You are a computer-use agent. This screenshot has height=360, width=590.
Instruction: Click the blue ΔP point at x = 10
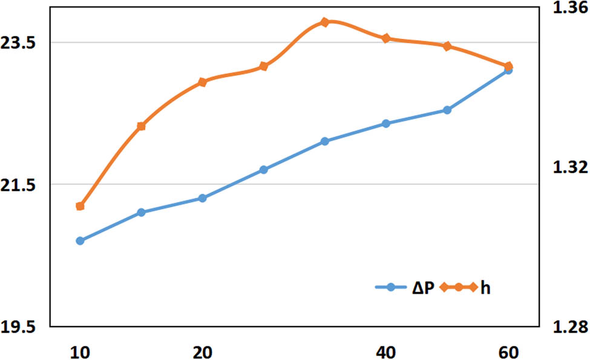[x=80, y=241]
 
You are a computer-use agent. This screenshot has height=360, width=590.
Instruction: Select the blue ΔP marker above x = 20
[x=202, y=198]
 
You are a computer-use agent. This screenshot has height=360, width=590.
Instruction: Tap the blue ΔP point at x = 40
[x=385, y=123]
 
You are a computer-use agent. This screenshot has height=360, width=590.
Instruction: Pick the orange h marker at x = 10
[x=80, y=206]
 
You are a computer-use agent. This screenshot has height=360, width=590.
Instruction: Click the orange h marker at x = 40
[x=385, y=39]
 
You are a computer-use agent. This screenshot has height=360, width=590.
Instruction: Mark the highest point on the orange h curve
[x=324, y=22]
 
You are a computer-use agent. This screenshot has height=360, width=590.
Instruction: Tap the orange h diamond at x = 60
[x=508, y=66]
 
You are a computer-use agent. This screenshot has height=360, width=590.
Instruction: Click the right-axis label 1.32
[x=569, y=168]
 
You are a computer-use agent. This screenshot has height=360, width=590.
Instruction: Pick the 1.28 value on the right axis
[x=569, y=327]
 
